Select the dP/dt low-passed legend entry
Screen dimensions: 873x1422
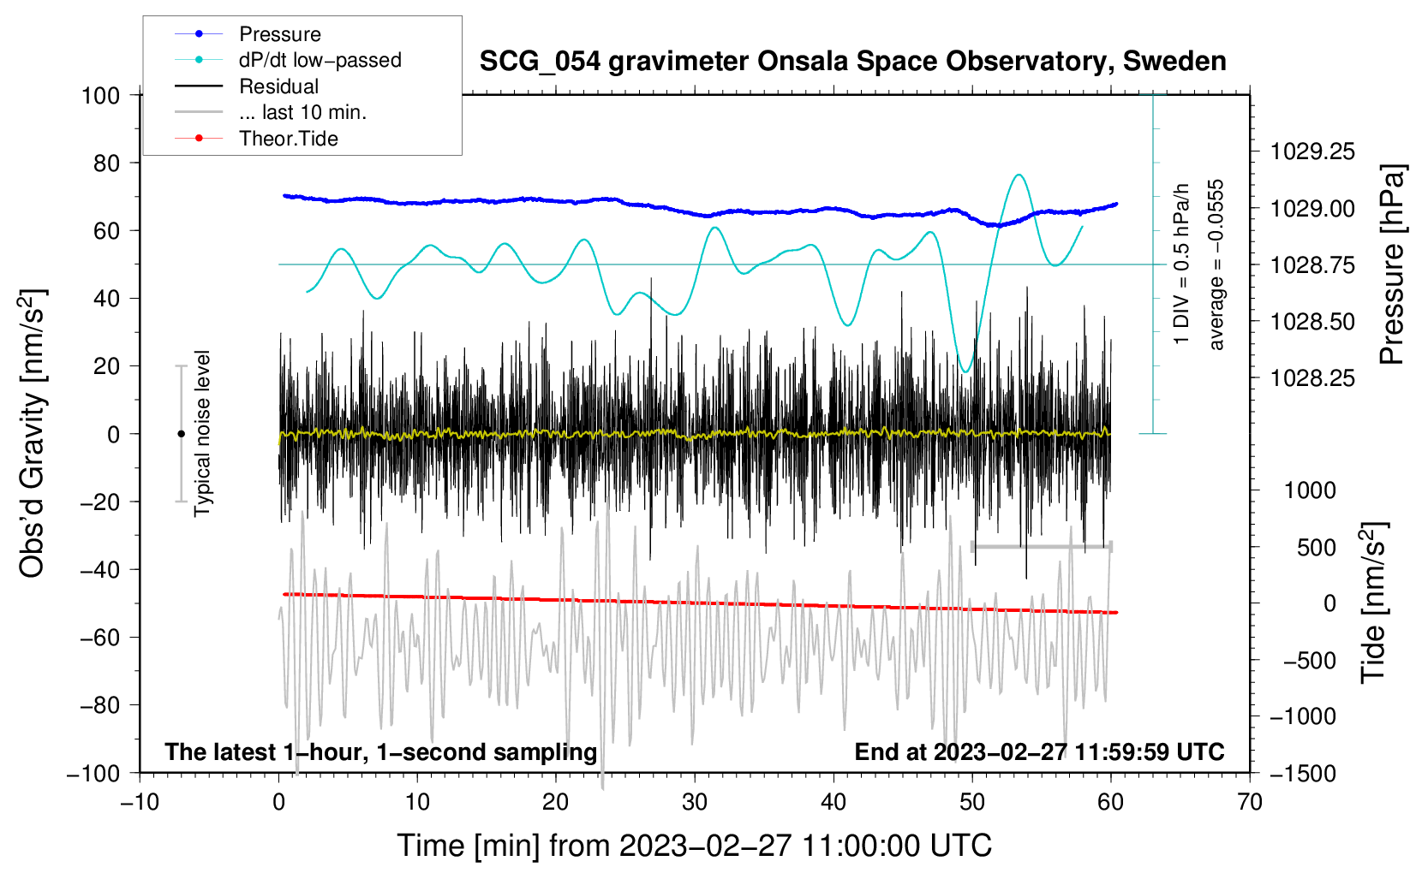point(320,60)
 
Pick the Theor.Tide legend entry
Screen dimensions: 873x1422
point(288,139)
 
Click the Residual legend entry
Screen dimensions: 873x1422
point(278,86)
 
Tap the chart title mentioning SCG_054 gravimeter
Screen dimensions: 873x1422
point(852,62)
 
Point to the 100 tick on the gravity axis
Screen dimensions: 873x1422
point(100,95)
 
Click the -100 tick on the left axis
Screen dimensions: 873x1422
point(94,773)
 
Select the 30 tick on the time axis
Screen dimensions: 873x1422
point(695,802)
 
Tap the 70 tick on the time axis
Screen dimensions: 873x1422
point(1250,802)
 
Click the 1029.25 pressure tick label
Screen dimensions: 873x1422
point(1312,152)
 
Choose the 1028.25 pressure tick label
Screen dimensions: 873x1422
point(1312,378)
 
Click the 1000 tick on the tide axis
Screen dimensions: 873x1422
point(1310,490)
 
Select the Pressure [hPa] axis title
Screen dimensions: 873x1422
point(1392,264)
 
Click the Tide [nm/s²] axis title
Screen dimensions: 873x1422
point(1373,603)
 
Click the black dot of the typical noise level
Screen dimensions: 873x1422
point(181,434)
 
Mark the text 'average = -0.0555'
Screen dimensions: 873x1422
point(1216,264)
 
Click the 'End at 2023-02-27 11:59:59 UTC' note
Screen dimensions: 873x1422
point(1039,751)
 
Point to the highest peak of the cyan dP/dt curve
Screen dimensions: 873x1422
point(1018,175)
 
